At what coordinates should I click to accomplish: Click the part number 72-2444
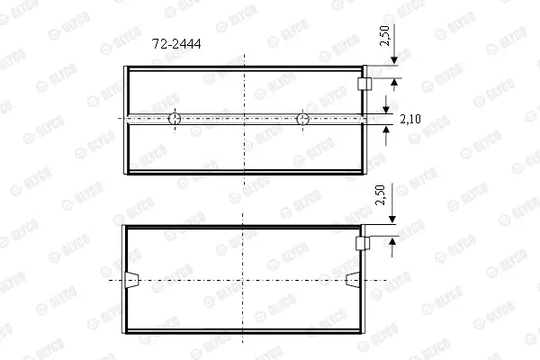[176, 44]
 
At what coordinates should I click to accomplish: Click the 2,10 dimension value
[410, 119]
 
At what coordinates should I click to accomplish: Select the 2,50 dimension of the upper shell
[384, 35]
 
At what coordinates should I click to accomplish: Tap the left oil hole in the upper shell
[175, 119]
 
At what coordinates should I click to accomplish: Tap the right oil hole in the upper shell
[302, 119]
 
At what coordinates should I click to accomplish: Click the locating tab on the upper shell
[364, 84]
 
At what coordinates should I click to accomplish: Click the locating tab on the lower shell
[363, 244]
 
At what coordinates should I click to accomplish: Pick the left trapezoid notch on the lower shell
[132, 280]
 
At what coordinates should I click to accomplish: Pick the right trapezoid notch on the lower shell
[352, 279]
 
